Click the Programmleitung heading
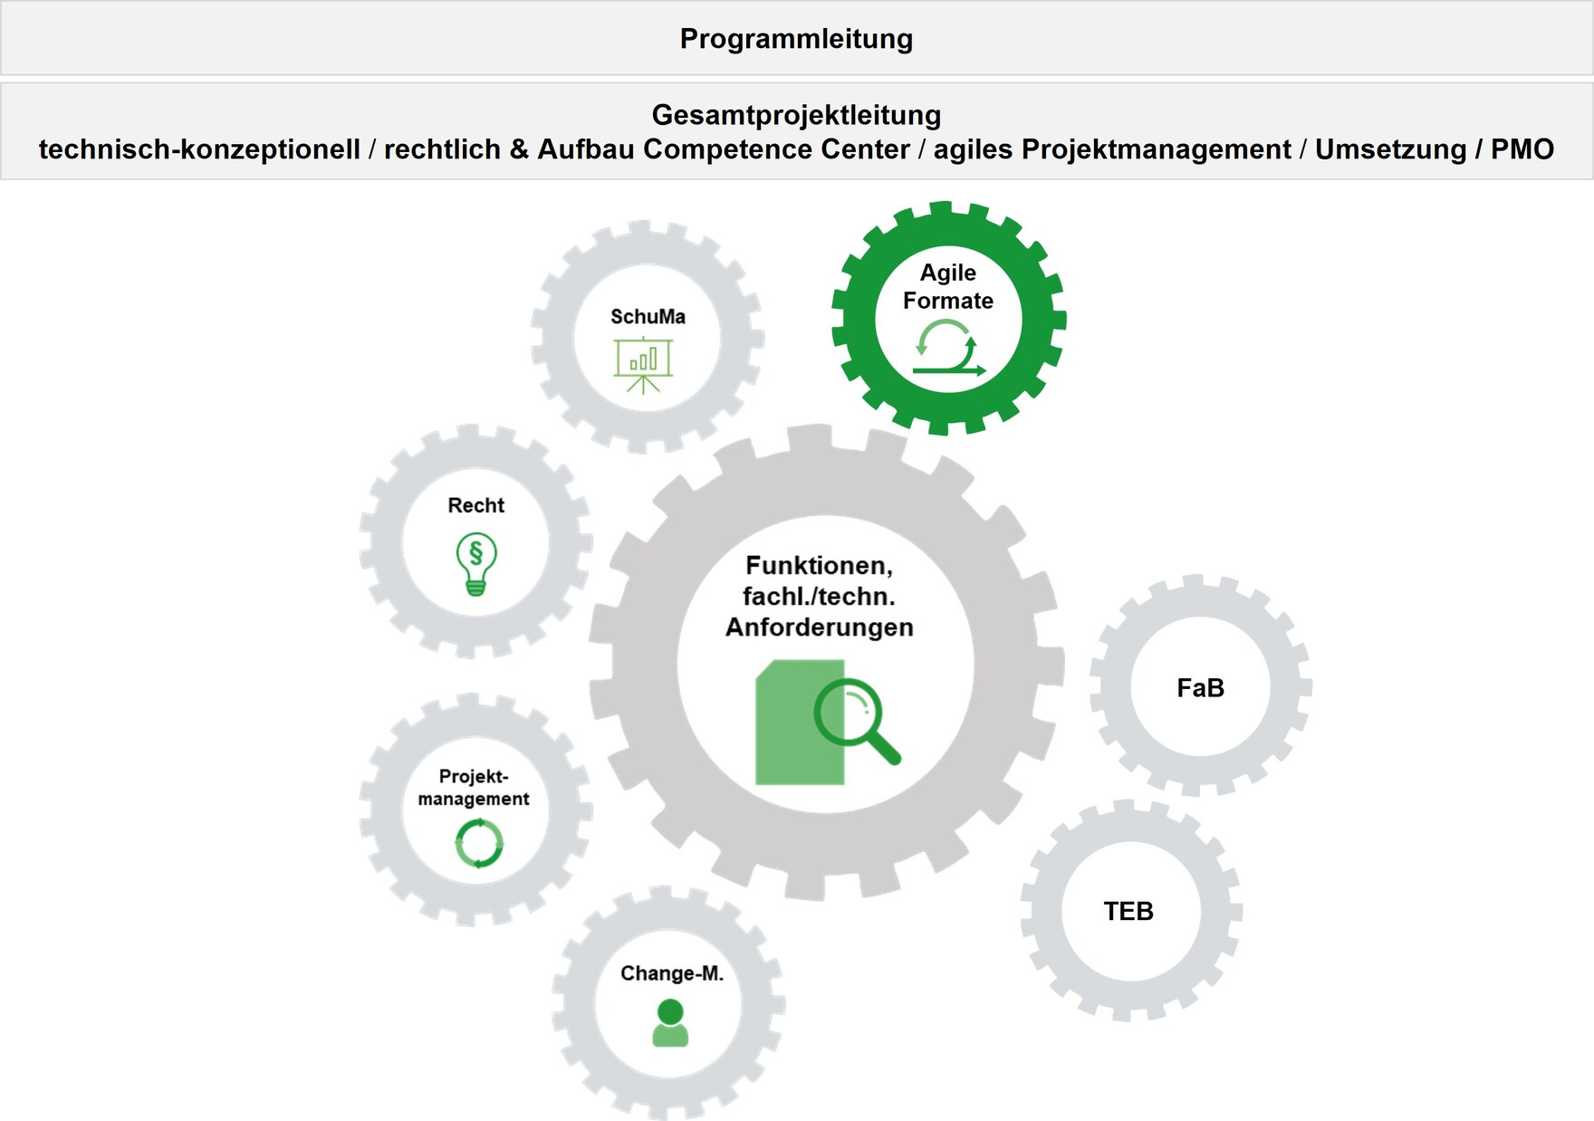pos(796,39)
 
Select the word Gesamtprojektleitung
pos(796,115)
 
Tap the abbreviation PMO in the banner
pos(1522,149)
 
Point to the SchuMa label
pos(648,317)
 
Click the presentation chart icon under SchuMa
pos(643,364)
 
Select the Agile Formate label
pos(948,286)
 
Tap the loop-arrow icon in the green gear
pos(948,350)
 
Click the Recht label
pos(475,505)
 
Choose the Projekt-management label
pos(474,787)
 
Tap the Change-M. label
pos(672,973)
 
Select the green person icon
pos(670,1023)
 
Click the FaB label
pos(1200,688)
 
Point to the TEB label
pos(1128,911)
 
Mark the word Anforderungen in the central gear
pos(819,627)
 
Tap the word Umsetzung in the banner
pos(1390,149)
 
